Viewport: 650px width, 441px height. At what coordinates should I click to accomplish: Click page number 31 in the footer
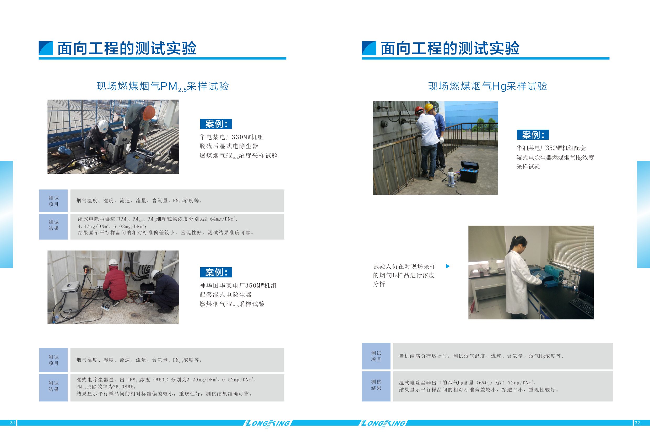(x=13, y=423)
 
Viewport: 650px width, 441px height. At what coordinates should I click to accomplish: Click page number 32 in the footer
(x=637, y=423)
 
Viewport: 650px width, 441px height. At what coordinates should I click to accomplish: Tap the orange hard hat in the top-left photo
(x=149, y=113)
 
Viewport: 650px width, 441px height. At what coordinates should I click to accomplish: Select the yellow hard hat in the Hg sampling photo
(x=429, y=108)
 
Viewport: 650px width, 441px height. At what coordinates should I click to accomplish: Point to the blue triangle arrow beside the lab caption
(x=448, y=266)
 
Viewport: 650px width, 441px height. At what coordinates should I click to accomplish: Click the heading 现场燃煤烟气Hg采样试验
(x=487, y=86)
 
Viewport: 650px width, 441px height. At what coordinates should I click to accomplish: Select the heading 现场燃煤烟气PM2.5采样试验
(x=162, y=86)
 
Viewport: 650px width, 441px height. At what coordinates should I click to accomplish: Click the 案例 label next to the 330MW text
(x=216, y=124)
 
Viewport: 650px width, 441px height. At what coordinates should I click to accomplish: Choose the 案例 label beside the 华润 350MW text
(x=533, y=135)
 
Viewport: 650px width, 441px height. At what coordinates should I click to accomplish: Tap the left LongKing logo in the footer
(x=267, y=423)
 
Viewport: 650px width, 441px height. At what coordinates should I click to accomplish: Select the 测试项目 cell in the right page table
(x=376, y=356)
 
